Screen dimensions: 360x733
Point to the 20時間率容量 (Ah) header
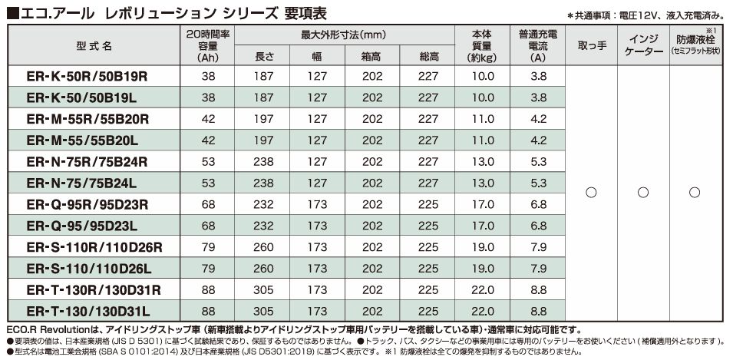point(208,46)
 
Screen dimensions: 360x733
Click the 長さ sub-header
point(263,57)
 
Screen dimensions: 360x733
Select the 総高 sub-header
point(429,57)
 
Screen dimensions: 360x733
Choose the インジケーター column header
point(643,46)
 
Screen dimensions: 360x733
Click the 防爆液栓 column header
point(695,41)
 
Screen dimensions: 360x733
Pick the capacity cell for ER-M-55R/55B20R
point(208,120)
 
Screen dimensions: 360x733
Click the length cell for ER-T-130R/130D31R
point(263,289)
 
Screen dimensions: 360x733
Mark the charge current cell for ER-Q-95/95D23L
point(538,226)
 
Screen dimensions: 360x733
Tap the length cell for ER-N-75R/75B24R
point(263,162)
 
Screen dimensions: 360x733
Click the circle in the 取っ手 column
point(591,192)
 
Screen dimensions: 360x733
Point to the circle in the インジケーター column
point(643,192)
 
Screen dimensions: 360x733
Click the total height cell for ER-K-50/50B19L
point(429,98)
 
